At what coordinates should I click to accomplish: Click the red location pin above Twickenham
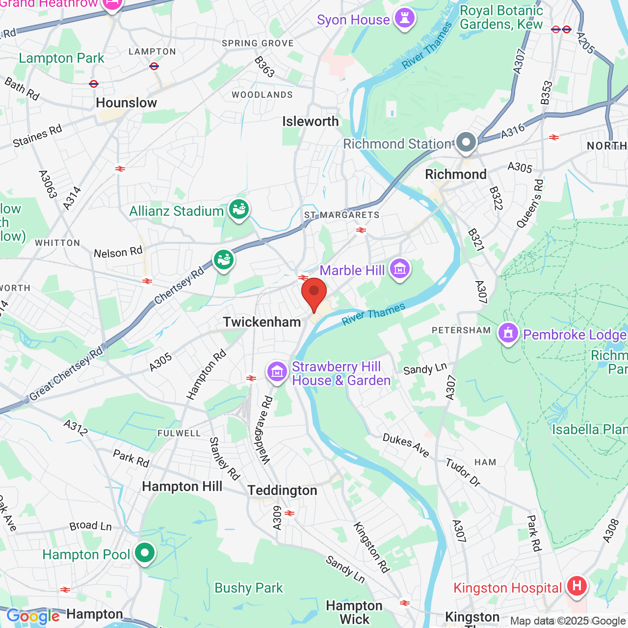click(314, 292)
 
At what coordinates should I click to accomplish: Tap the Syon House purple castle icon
click(405, 19)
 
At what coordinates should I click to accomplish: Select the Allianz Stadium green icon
click(239, 210)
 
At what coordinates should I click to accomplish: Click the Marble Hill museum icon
click(400, 269)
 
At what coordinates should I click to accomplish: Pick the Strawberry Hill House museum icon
click(277, 372)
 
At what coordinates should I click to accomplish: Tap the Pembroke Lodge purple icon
click(508, 334)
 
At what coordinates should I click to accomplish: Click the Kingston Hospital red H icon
click(577, 586)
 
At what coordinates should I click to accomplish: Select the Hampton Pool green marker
click(145, 553)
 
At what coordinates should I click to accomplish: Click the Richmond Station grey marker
click(466, 142)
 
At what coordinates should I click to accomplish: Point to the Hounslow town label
click(127, 103)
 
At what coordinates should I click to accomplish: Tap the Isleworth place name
click(311, 122)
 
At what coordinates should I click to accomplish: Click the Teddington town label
click(283, 491)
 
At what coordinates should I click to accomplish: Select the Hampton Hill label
click(182, 487)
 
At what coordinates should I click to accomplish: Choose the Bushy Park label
click(249, 588)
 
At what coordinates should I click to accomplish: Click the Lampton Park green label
click(61, 58)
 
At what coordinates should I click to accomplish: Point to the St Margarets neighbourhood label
click(342, 215)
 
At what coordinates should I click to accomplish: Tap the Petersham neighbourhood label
click(461, 330)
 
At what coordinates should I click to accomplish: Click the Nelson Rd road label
click(118, 253)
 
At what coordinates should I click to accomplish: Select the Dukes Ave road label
click(406, 445)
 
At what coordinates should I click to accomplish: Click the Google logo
click(33, 616)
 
